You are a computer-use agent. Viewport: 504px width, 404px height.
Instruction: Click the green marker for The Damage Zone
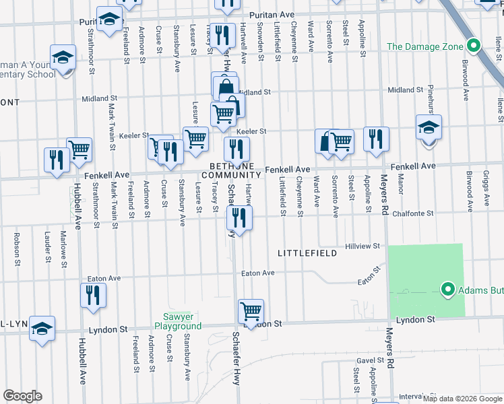coord(473,46)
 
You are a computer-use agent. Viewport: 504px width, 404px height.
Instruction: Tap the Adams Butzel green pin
coord(446,290)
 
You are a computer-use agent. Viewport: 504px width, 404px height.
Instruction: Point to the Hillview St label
coord(364,246)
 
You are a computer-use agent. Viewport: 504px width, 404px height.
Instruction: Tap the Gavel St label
coord(371,360)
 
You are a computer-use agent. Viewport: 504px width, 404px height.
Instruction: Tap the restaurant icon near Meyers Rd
coord(376,139)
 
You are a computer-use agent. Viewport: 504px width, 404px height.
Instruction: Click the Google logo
coord(22,396)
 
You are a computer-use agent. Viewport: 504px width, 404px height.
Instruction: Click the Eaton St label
coord(369,275)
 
